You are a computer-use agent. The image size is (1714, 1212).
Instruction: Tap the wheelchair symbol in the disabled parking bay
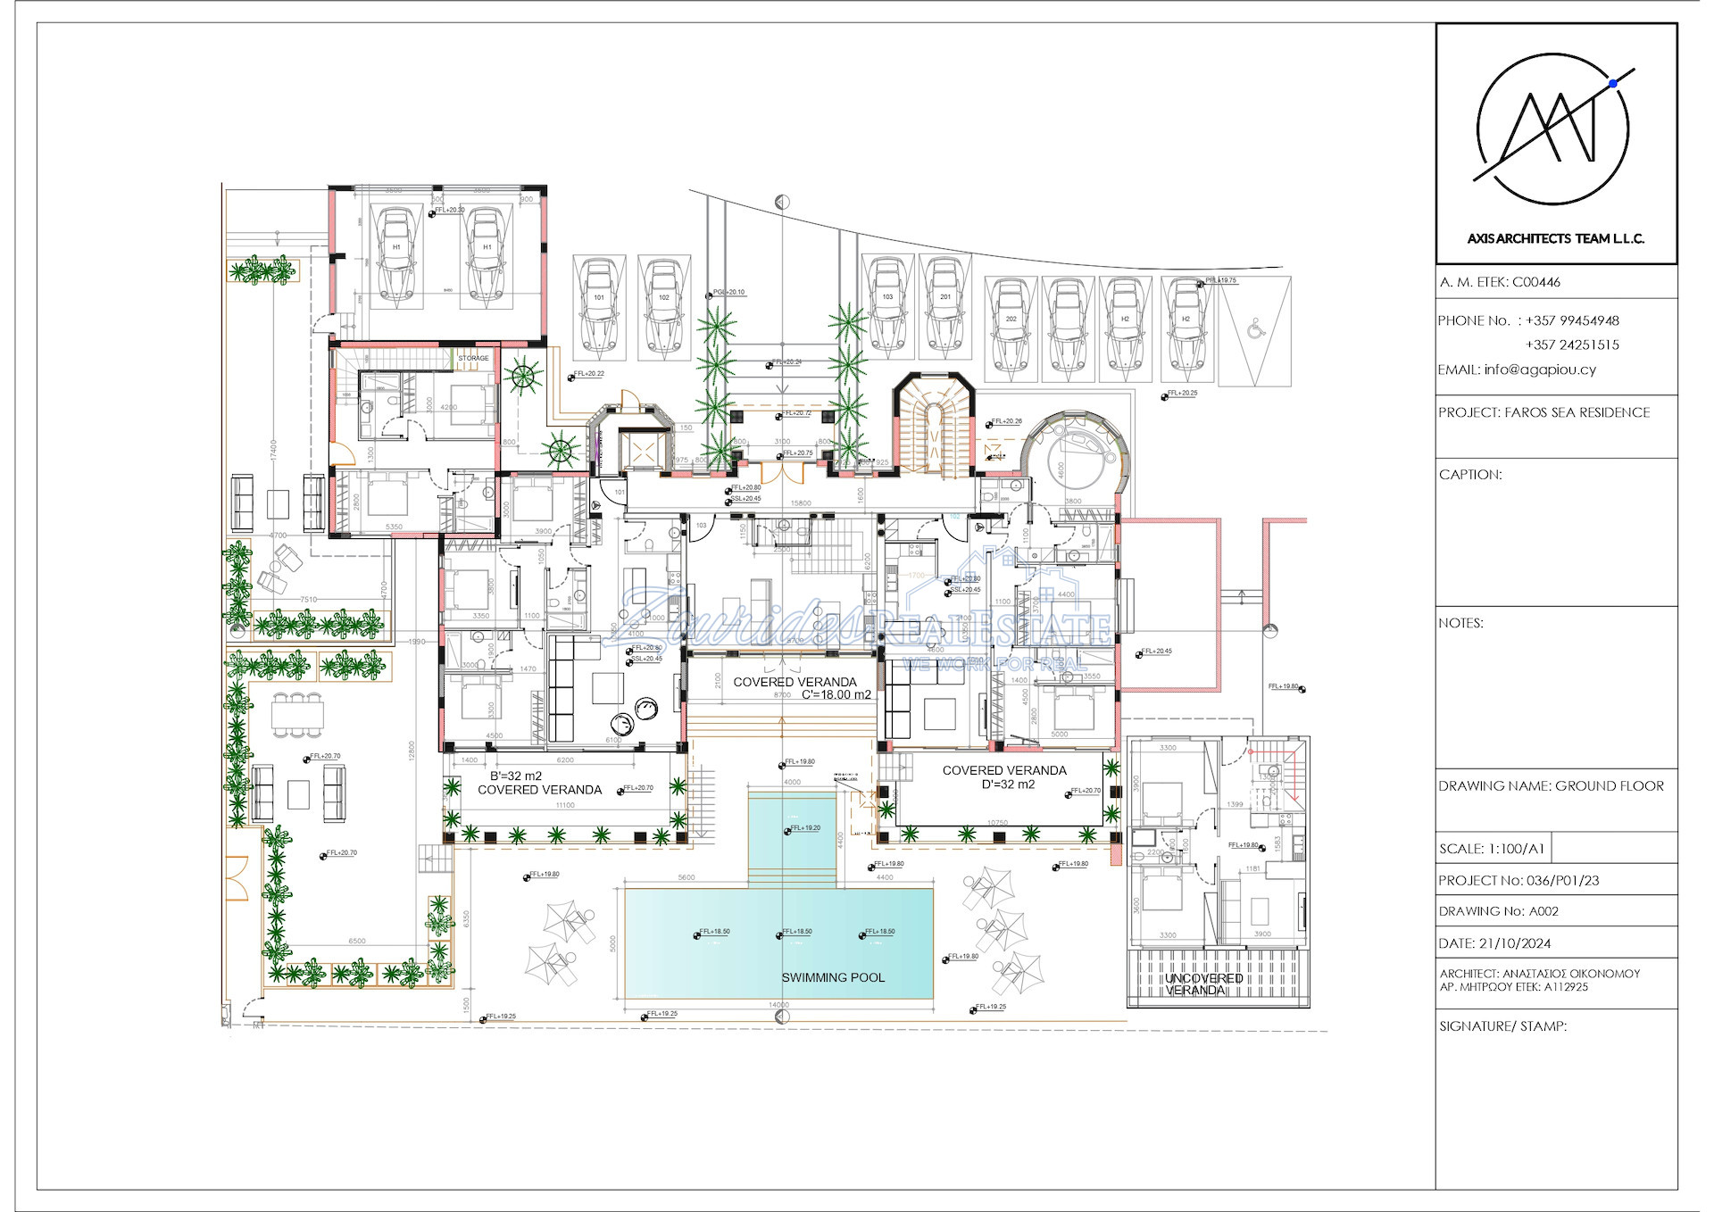pyautogui.click(x=1255, y=330)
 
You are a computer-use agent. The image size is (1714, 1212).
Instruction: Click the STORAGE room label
pyautogui.click(x=473, y=358)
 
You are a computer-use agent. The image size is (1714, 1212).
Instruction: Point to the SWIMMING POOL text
pyautogui.click(x=833, y=977)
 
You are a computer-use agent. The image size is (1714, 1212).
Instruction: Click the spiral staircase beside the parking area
pyautogui.click(x=934, y=427)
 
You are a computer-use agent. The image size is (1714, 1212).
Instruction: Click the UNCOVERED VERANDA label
pyautogui.click(x=1202, y=984)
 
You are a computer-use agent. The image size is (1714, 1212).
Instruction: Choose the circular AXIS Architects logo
pyautogui.click(x=1554, y=129)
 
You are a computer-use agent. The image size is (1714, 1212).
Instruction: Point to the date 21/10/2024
pyautogui.click(x=1514, y=943)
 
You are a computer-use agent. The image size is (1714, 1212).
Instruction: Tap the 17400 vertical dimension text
pyautogui.click(x=274, y=449)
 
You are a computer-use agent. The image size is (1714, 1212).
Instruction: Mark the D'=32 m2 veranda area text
pyautogui.click(x=1008, y=784)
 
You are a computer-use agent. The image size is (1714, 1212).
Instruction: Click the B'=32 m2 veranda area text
pyautogui.click(x=515, y=776)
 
